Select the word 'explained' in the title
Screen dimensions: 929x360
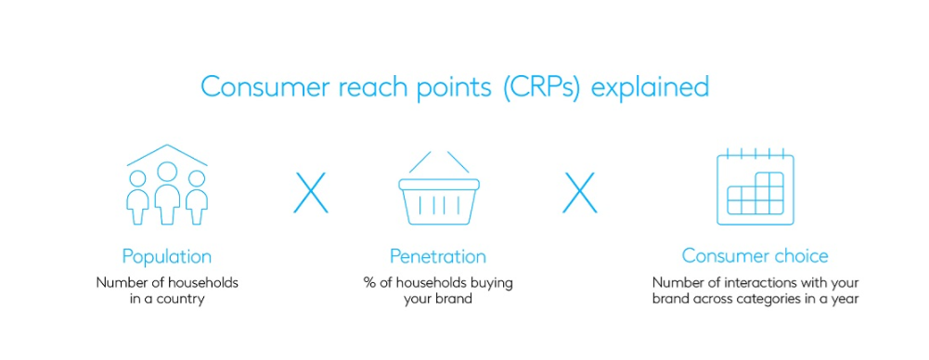(650, 87)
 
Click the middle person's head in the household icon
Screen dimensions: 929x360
(167, 173)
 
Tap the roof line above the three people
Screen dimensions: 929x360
(167, 155)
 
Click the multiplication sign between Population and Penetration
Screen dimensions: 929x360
(311, 192)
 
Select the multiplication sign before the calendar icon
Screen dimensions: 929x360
(579, 192)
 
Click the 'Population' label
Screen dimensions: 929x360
(166, 257)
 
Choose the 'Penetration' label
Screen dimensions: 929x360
(438, 256)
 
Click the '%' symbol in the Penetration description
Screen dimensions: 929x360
(368, 283)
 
